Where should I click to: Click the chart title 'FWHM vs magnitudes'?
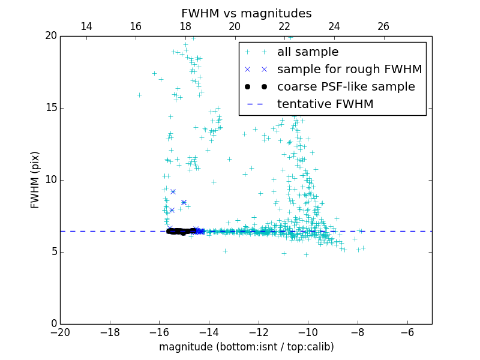tap(246, 13)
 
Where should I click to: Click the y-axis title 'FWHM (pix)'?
tap(35, 179)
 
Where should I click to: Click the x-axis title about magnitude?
tap(246, 347)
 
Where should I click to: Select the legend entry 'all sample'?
tap(307, 52)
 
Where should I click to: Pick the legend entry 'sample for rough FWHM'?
tap(349, 70)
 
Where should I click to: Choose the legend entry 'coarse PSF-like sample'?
tap(346, 87)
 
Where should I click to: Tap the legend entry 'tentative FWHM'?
tap(325, 104)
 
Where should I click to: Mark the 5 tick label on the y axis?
tap(53, 252)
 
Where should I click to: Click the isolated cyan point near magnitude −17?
tap(139, 95)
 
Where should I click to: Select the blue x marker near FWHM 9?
tap(173, 191)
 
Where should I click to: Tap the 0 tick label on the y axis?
tap(53, 324)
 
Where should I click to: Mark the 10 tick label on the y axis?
tap(50, 180)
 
